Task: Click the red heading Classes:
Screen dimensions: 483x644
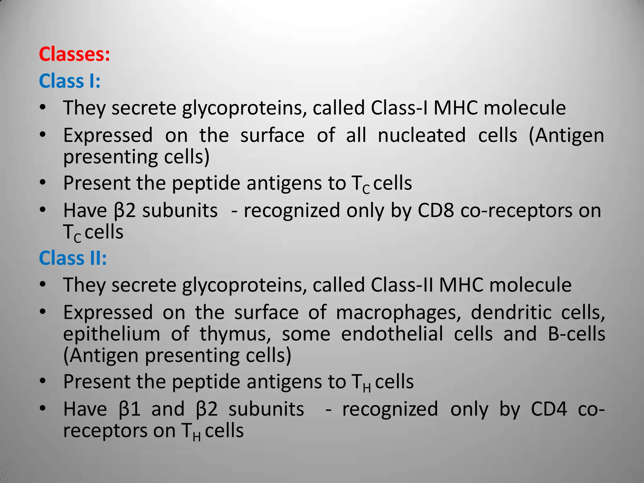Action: click(x=75, y=54)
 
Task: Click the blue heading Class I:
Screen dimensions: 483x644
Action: click(x=69, y=81)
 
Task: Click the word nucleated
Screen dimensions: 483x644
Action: click(x=422, y=136)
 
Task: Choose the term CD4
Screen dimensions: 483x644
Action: click(x=549, y=409)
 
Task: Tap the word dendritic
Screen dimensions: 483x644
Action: click(x=511, y=313)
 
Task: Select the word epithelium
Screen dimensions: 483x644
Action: click(x=112, y=334)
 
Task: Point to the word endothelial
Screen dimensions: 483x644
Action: click(x=392, y=334)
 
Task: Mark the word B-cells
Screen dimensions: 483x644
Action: click(x=576, y=334)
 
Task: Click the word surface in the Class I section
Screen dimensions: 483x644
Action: click(x=272, y=136)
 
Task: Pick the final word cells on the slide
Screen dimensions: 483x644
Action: click(x=224, y=430)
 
